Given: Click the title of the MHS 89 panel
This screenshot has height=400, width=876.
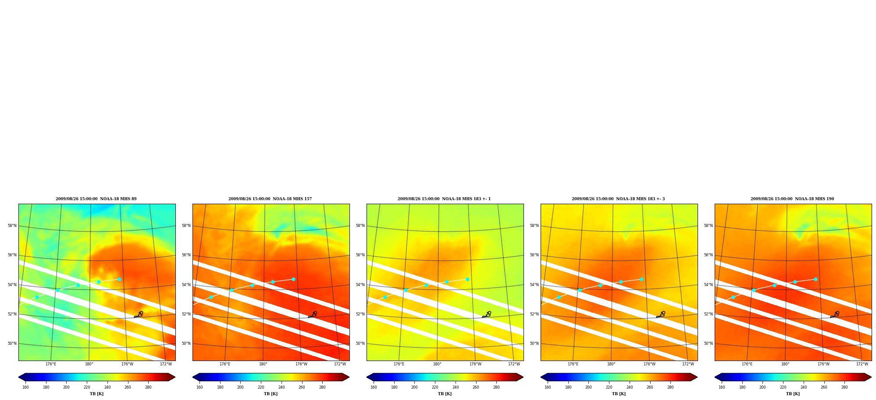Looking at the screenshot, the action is [x=96, y=199].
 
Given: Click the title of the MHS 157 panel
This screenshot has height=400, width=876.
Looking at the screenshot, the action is [x=270, y=199].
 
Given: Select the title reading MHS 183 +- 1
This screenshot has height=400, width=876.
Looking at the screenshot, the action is [x=444, y=199].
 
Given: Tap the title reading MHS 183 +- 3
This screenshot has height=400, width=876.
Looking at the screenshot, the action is [x=618, y=199].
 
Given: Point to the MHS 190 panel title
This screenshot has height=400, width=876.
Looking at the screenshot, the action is [x=792, y=199].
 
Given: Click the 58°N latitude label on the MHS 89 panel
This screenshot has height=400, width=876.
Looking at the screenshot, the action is [x=12, y=226].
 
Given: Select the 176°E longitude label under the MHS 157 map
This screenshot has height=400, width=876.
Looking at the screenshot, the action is [x=225, y=364].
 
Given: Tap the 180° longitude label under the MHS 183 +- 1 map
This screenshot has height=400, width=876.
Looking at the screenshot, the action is [x=437, y=364].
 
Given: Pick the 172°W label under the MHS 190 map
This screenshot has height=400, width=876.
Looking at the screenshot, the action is [x=862, y=364].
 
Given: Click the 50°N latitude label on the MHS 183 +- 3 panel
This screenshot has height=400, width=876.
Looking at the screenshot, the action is [x=534, y=343].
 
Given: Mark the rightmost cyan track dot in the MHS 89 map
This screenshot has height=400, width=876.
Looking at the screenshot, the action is [x=119, y=279].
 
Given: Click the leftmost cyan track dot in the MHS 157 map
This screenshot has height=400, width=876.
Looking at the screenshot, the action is [x=211, y=297].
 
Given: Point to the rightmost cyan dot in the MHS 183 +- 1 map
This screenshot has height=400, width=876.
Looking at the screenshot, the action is [x=467, y=279].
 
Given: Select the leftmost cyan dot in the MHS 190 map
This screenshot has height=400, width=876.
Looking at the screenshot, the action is [x=733, y=297].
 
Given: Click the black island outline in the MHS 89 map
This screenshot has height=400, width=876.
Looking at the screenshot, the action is [x=139, y=315].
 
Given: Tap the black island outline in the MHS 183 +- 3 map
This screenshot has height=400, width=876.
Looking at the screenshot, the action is [x=661, y=315].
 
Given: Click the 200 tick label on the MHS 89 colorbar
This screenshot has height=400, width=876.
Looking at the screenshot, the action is [x=66, y=387].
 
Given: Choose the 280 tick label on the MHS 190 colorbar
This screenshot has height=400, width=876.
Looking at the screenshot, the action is [x=844, y=387].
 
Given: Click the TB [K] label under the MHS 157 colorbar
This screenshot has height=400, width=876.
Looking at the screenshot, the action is [x=271, y=394].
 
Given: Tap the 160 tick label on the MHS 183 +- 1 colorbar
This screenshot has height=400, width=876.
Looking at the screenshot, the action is [x=374, y=387].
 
